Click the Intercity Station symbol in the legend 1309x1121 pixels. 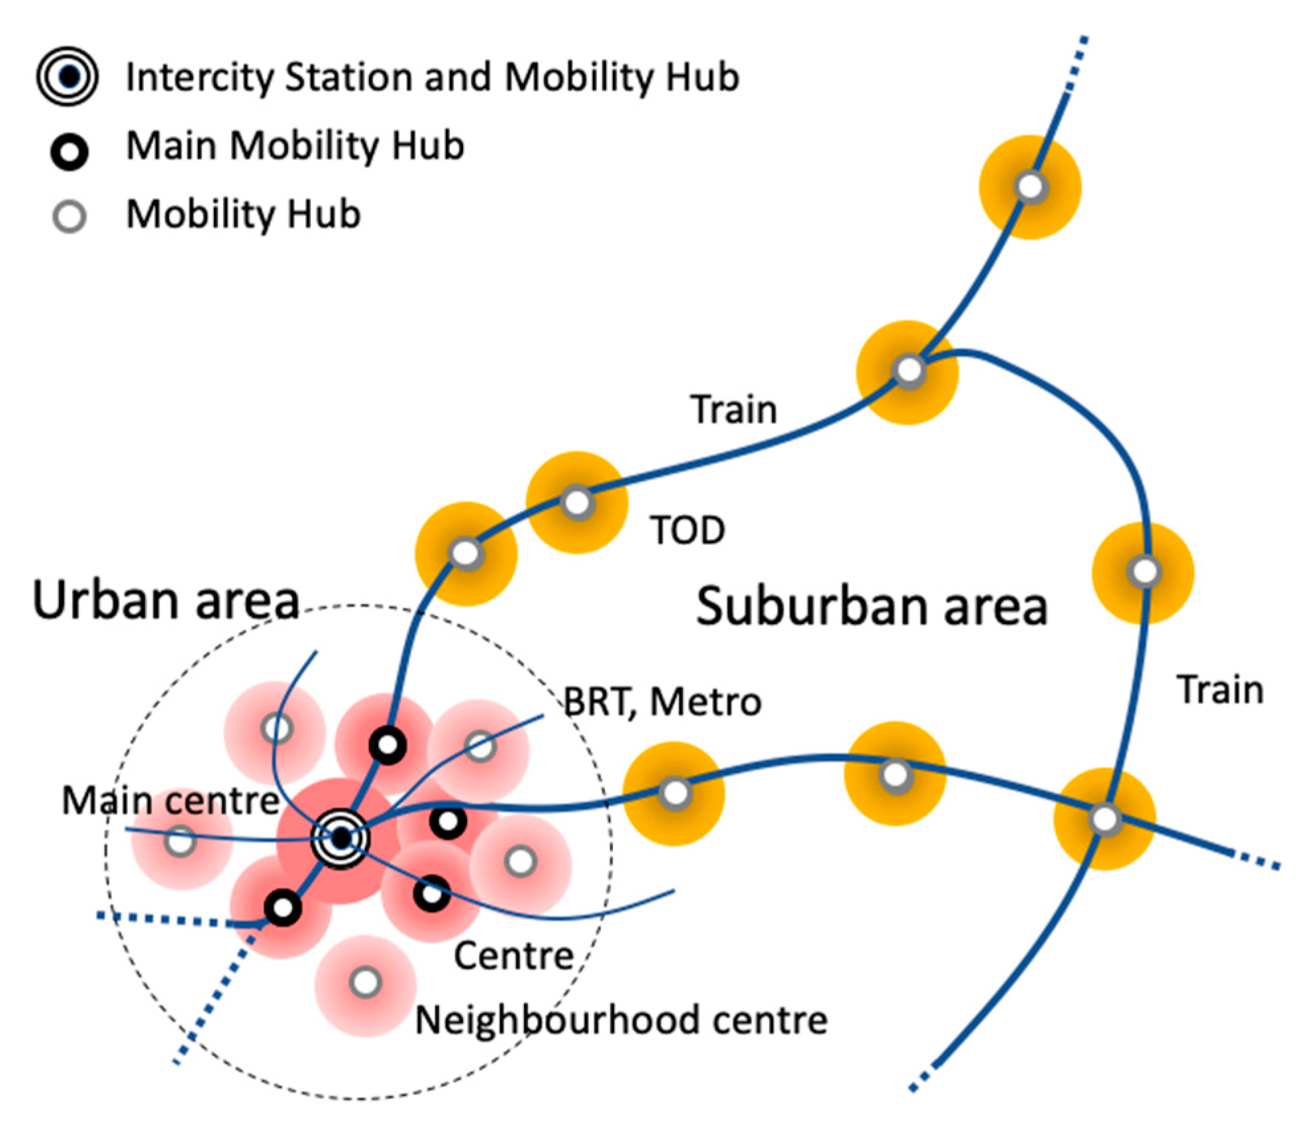[68, 77]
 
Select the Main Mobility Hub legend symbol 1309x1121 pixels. [70, 152]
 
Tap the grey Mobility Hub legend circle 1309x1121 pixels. [70, 216]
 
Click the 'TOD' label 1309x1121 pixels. [688, 530]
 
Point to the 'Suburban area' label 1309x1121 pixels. [872, 607]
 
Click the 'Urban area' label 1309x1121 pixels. [166, 601]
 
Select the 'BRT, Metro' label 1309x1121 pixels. [662, 702]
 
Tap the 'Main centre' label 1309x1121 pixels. [171, 800]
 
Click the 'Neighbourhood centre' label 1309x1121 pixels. [621, 1020]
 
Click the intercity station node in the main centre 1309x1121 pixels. [341, 839]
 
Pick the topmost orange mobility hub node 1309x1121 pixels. [1030, 187]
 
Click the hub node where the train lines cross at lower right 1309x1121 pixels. [1104, 819]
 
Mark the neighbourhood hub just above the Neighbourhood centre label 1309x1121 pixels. [366, 982]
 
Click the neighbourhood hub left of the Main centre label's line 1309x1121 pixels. [180, 842]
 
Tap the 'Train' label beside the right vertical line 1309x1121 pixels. [1220, 690]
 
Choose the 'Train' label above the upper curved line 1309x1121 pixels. [733, 410]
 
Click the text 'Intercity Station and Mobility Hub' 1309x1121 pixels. [433, 77]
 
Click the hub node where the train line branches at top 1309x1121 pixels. [909, 371]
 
